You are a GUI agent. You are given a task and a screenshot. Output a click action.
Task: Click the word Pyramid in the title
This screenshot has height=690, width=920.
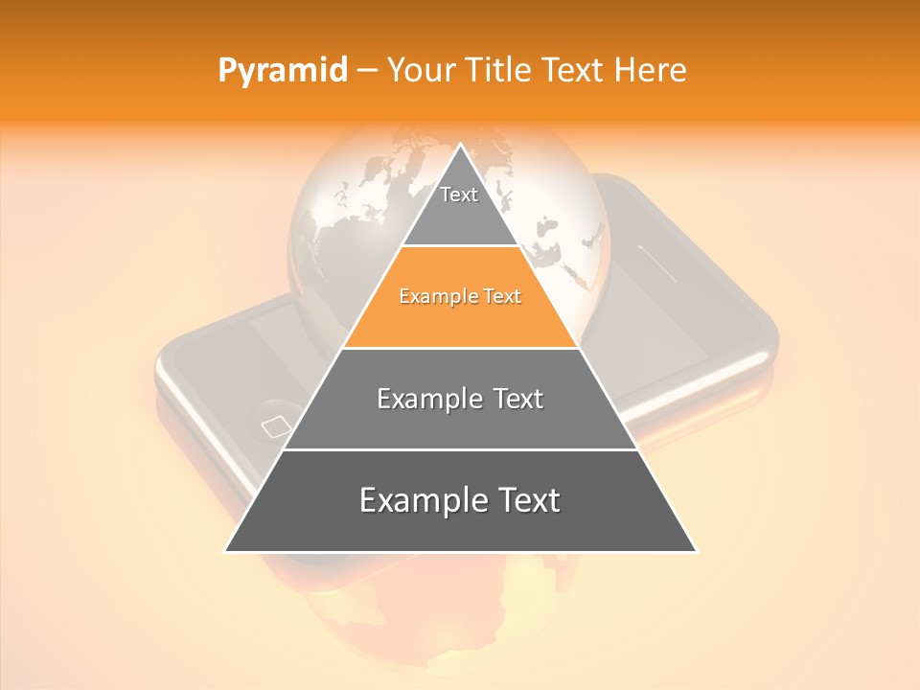coord(282,71)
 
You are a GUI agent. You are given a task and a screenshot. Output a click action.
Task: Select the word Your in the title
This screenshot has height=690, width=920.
coord(422,71)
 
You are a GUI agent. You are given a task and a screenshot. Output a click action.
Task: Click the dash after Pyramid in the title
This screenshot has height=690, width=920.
coord(366,71)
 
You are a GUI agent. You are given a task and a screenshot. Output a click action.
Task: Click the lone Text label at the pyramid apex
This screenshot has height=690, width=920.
coord(459,195)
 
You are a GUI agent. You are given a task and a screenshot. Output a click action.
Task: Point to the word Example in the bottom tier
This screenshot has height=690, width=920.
coord(418,500)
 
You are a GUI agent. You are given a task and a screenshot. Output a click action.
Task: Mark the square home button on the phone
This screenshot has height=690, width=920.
coord(275,425)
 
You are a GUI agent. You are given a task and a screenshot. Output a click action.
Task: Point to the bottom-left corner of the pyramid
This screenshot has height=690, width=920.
coord(226,551)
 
